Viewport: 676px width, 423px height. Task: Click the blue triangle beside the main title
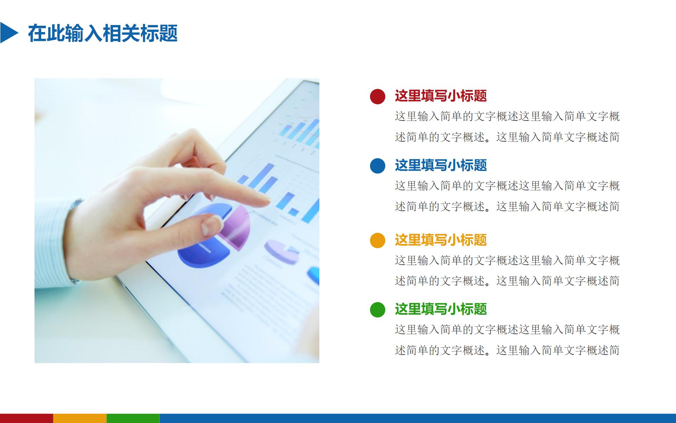pos(8,33)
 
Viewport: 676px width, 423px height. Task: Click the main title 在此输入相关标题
pos(102,33)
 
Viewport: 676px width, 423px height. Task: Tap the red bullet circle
pos(377,96)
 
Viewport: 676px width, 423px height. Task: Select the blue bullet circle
pos(377,166)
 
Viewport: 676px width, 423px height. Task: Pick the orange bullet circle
pos(377,240)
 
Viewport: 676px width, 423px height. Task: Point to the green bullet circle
pos(377,309)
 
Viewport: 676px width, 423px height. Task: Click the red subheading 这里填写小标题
pos(440,96)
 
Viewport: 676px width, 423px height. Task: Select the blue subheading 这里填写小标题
pos(440,165)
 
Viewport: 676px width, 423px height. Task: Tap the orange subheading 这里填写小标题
pos(440,240)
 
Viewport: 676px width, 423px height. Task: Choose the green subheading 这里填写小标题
pos(440,309)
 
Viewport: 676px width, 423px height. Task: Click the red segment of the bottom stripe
pos(26,418)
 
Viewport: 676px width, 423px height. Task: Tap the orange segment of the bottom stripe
pos(80,418)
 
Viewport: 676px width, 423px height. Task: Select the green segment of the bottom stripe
pos(133,418)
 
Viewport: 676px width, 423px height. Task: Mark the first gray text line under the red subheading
pos(507,116)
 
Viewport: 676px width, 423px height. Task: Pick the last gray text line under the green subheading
pos(507,350)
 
